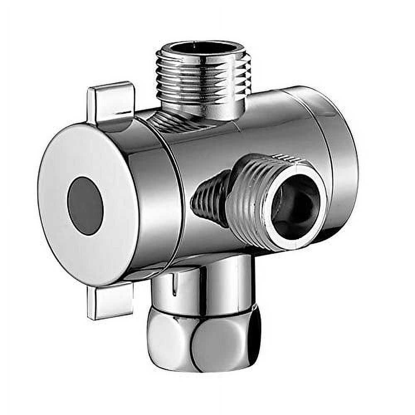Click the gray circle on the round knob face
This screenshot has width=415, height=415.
[x=85, y=206]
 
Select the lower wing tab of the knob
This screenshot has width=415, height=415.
[x=109, y=301]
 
